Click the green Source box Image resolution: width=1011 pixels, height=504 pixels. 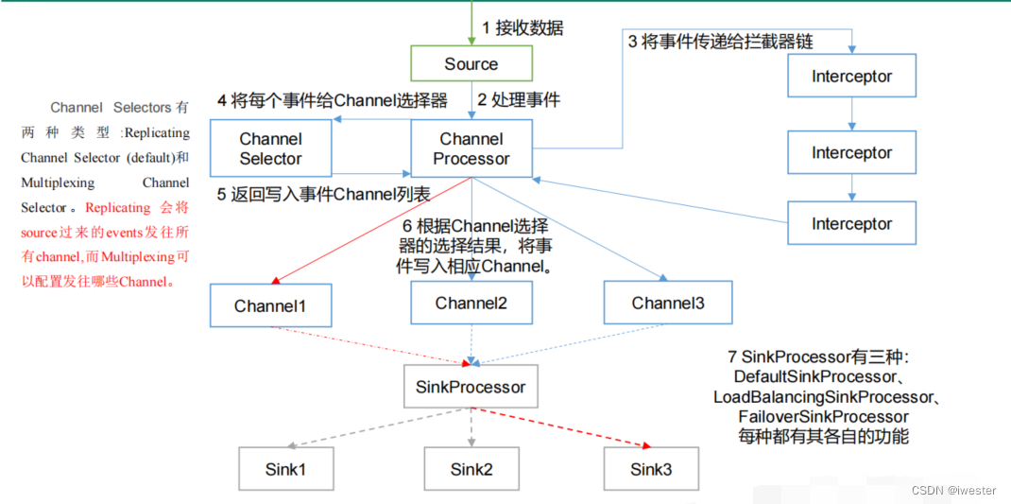(471, 64)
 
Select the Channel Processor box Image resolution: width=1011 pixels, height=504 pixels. (471, 148)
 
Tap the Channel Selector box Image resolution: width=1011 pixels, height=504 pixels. (271, 148)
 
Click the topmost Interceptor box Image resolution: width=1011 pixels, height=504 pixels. (851, 77)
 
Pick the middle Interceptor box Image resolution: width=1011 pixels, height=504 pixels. (851, 152)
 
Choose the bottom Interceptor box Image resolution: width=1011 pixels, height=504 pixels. (851, 224)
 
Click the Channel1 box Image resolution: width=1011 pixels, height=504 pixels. (270, 305)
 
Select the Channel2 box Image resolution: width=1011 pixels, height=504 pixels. (471, 304)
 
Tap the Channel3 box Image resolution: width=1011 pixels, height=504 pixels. (667, 304)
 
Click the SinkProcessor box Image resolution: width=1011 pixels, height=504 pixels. (471, 387)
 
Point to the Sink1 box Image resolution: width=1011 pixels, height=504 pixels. (284, 469)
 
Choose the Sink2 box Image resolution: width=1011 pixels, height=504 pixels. (471, 469)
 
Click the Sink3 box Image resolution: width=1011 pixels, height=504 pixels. (651, 469)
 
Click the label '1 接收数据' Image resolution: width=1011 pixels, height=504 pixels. (523, 28)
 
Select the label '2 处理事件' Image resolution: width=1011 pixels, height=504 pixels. (519, 99)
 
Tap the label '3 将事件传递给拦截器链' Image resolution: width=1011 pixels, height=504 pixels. (721, 42)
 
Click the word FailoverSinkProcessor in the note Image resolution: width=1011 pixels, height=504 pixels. (824, 417)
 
